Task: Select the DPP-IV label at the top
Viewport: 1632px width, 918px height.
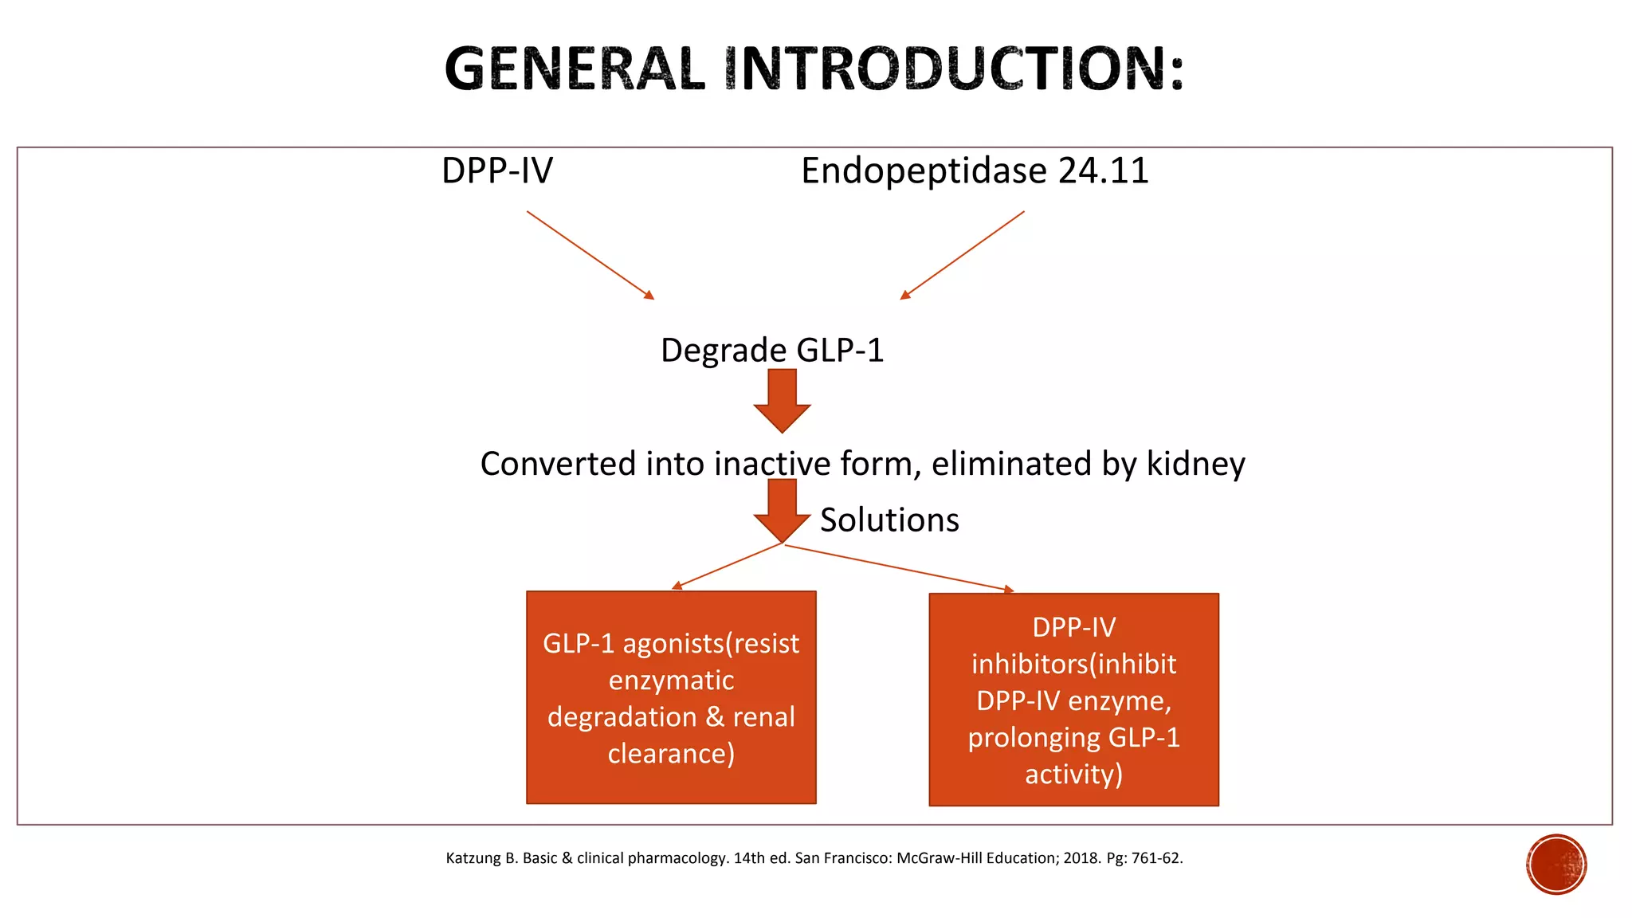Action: (x=497, y=171)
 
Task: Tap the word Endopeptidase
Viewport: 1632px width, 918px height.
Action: (x=924, y=171)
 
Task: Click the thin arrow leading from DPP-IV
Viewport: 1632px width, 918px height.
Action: (x=590, y=255)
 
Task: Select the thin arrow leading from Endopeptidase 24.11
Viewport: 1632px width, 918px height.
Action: (x=963, y=255)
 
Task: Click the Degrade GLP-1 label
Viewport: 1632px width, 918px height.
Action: (x=772, y=351)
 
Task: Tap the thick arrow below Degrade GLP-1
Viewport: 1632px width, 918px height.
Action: (x=782, y=400)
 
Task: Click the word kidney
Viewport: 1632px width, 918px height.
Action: (x=1195, y=464)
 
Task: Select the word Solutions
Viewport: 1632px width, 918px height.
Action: (x=889, y=520)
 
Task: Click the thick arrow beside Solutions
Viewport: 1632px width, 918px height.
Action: (x=782, y=510)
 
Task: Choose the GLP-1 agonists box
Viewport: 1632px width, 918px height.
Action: (x=671, y=697)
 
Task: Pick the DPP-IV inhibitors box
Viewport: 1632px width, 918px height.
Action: (x=1073, y=700)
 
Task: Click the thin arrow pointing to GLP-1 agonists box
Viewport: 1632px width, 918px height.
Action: (x=728, y=566)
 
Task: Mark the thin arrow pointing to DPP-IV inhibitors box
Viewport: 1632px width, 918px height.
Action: (x=899, y=567)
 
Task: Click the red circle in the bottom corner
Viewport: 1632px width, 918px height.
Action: (x=1556, y=865)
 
